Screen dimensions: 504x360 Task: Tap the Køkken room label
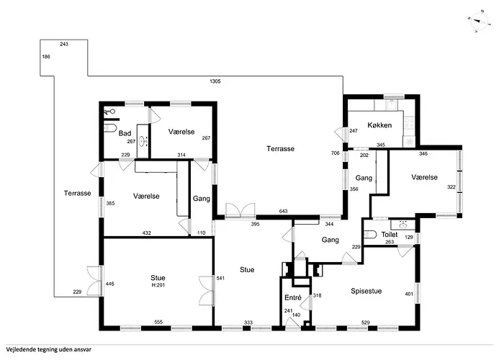coord(379,125)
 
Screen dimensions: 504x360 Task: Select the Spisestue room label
coord(366,291)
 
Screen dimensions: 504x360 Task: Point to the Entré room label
coord(293,298)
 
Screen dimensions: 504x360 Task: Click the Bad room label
coord(125,133)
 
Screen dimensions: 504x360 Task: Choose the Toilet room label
coord(390,235)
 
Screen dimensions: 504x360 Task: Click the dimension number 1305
coord(215,81)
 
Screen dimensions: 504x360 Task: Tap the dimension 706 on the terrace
coord(336,153)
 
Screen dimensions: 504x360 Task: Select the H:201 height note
coord(158,285)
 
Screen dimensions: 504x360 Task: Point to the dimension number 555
coord(158,322)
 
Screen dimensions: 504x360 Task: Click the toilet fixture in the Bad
coord(110,128)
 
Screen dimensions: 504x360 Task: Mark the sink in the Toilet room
coord(403,224)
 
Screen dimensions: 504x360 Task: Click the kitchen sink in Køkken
coord(392,105)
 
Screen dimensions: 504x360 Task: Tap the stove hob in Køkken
coord(409,123)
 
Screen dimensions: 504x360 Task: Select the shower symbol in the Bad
coord(109,112)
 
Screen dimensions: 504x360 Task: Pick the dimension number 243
coord(64,44)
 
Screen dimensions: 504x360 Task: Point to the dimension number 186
coord(46,57)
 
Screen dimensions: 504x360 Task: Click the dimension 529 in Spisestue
coord(366,323)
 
